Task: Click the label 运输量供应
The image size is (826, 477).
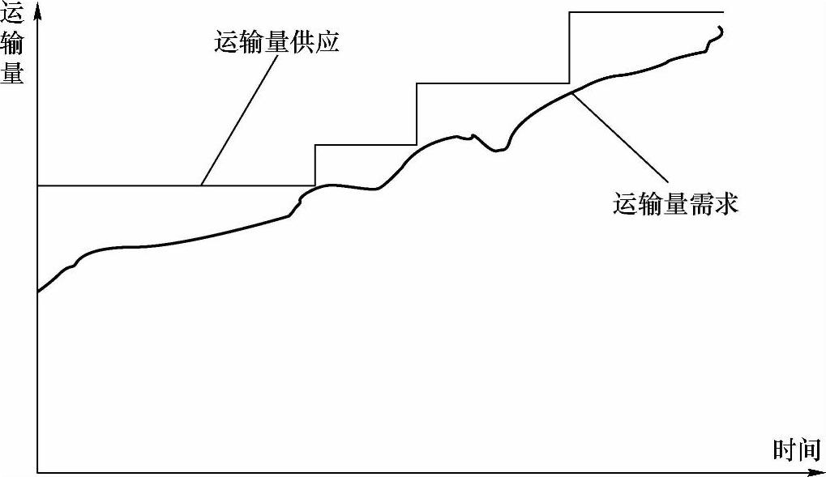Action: click(276, 41)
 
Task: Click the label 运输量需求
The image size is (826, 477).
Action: click(676, 204)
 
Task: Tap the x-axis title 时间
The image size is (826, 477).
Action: click(798, 449)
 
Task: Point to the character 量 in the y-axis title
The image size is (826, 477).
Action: click(12, 72)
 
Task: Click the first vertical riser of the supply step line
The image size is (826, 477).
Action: click(315, 165)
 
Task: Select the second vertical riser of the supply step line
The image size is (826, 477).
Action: click(417, 113)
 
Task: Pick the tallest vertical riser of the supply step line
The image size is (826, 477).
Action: click(570, 48)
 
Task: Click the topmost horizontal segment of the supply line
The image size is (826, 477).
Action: click(646, 11)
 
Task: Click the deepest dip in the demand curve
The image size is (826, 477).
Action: click(497, 151)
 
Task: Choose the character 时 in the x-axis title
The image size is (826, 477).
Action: click(785, 449)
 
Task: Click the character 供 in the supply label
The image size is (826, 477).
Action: click(302, 41)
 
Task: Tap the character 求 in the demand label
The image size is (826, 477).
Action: click(727, 204)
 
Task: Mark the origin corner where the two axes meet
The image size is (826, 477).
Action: click(37, 472)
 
